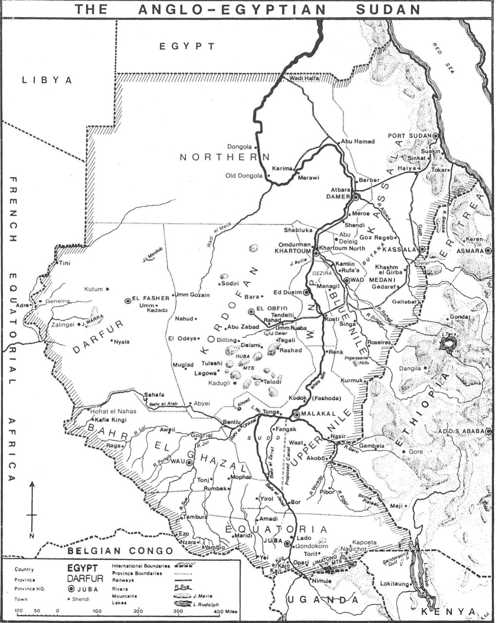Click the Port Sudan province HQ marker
coord(435,136)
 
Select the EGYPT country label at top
coord(187,46)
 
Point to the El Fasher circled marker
coord(128,301)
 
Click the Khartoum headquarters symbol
coord(316,252)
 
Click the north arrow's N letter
coord(32,536)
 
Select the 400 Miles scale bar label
coord(226,611)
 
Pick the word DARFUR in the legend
coord(85,579)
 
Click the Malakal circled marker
coord(297,415)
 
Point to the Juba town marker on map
coord(287,543)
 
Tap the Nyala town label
coord(121,342)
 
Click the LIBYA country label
coord(47,80)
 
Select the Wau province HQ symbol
coord(189,463)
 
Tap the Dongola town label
coord(239,147)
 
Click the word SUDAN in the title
coord(388,9)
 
